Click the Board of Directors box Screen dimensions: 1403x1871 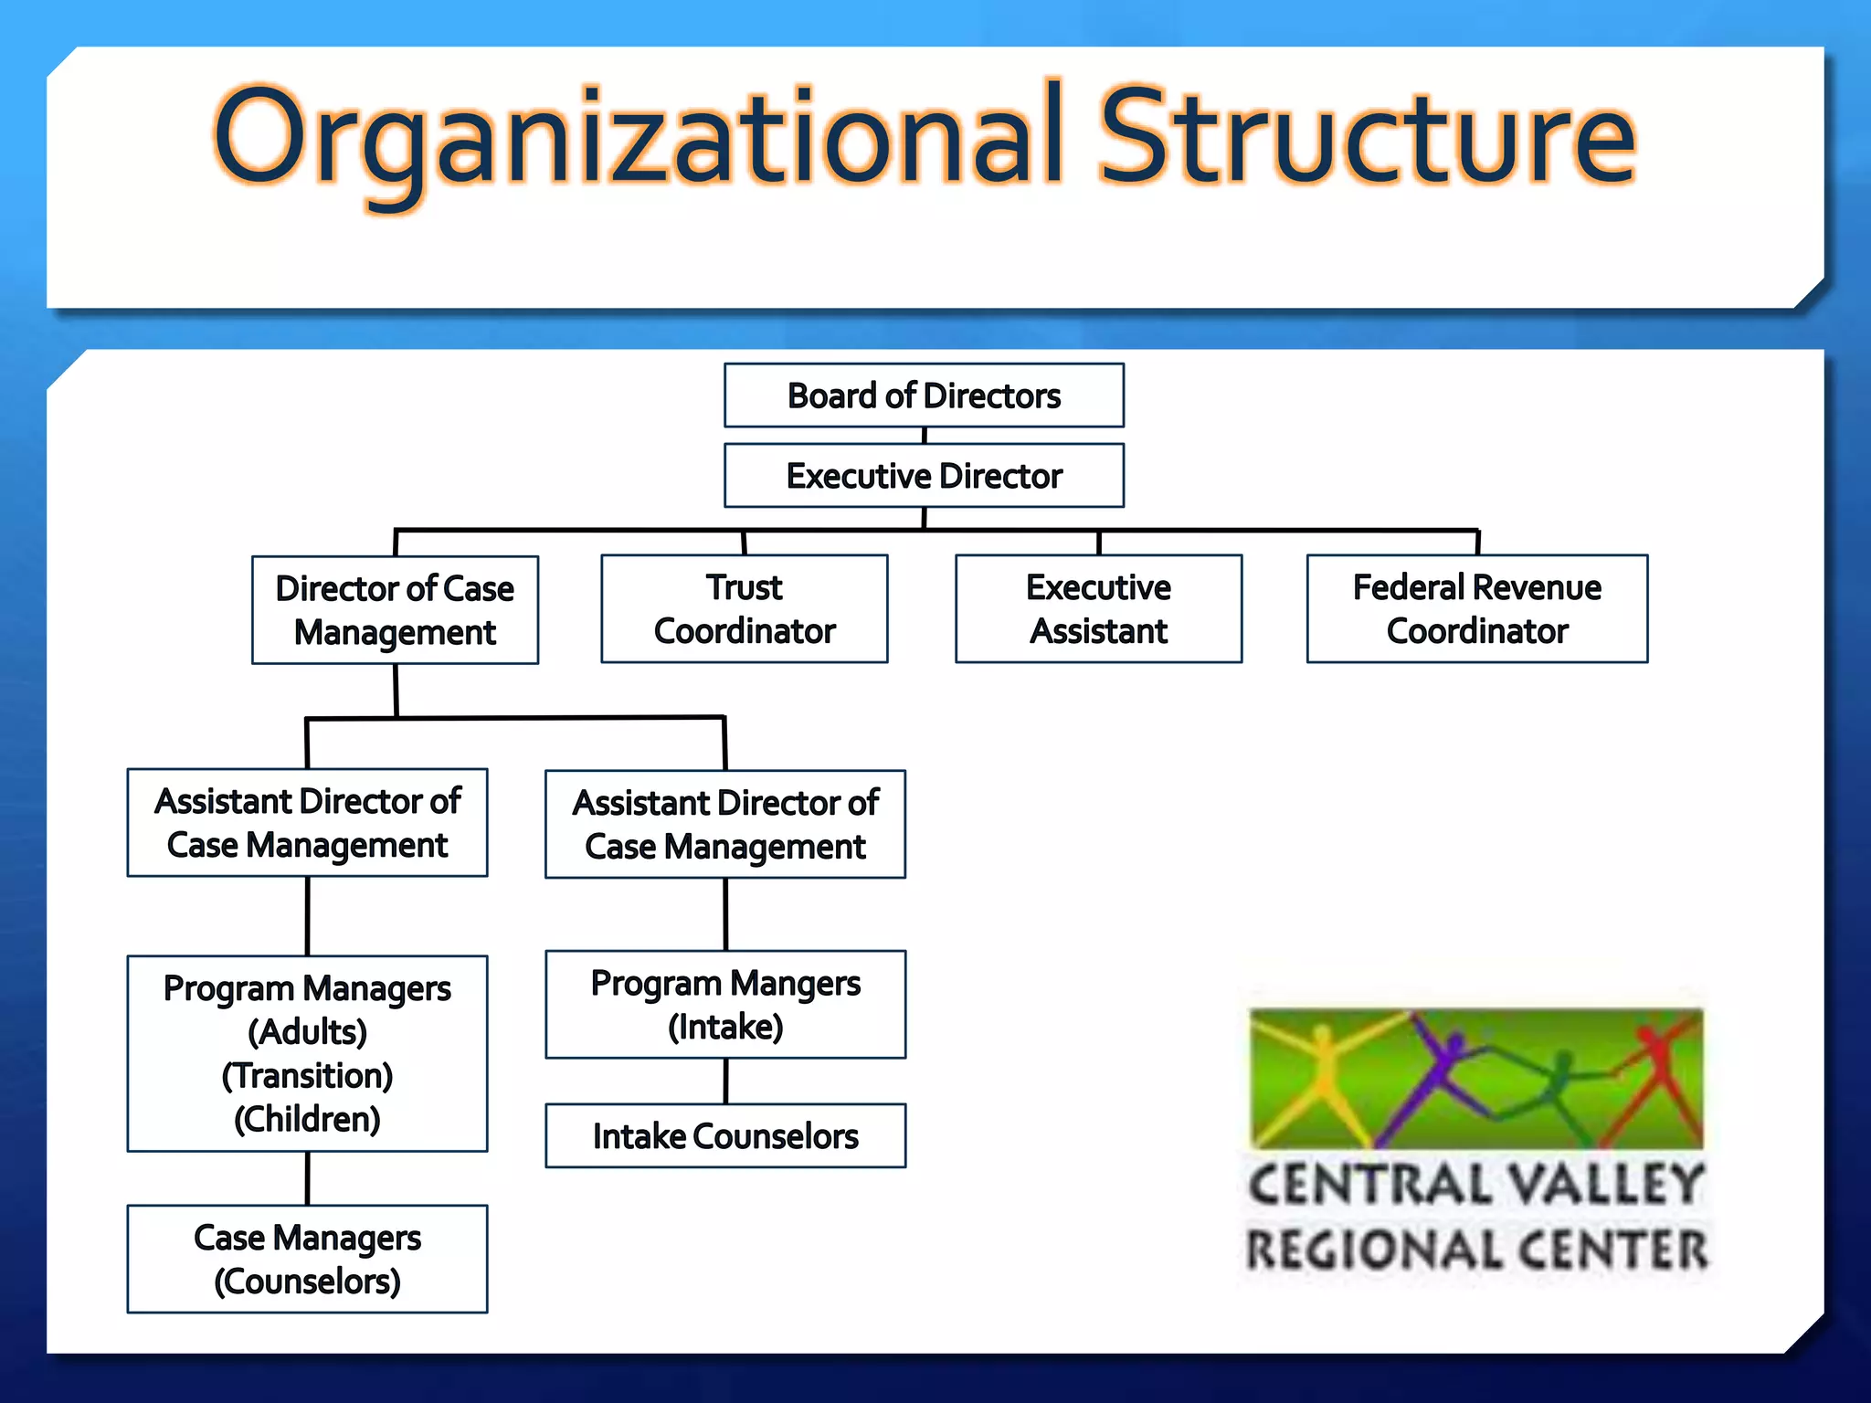tap(924, 396)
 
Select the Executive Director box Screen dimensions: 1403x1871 tap(924, 476)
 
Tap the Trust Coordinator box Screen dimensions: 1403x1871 tap(744, 608)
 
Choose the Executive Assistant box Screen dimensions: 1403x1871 tap(1098, 608)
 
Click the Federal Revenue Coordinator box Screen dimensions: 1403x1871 tap(1476, 608)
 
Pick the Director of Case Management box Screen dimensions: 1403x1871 tap(395, 610)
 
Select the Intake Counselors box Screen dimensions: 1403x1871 tap(725, 1136)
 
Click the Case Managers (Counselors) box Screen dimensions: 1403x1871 tap(307, 1260)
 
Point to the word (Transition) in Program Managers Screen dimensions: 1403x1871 tap(307, 1076)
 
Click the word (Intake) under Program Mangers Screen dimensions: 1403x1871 tap(725, 1028)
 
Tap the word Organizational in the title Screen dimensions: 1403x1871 tap(640, 137)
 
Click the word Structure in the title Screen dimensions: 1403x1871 tap(1366, 137)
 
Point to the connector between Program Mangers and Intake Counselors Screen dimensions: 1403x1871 tap(725, 1081)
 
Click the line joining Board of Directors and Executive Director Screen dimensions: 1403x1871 tap(925, 436)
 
